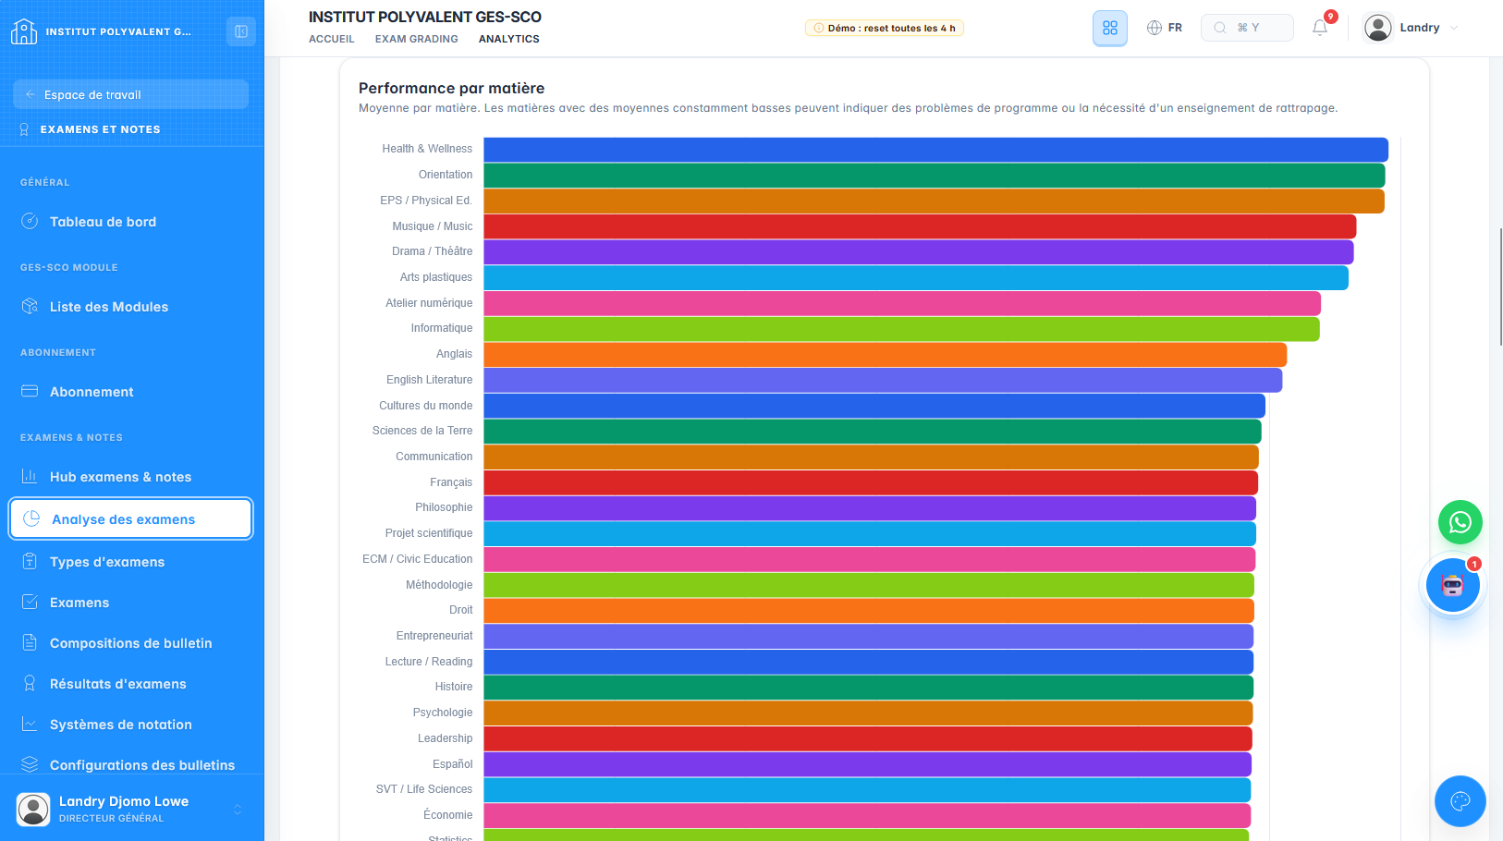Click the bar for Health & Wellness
pos(935,150)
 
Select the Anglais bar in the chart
pos(885,355)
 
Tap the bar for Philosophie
pos(870,508)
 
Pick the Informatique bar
pos(901,329)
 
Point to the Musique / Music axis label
pos(432,226)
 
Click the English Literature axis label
pos(430,380)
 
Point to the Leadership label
pos(445,738)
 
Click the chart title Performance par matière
pos(452,88)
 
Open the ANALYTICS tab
pos(508,39)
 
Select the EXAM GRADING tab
pos(417,39)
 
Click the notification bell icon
pos(1320,28)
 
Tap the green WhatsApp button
pos(1460,522)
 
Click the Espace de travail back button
pos(131,94)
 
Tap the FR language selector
pos(1164,28)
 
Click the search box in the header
pos(1247,28)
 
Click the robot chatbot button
pos(1453,585)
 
